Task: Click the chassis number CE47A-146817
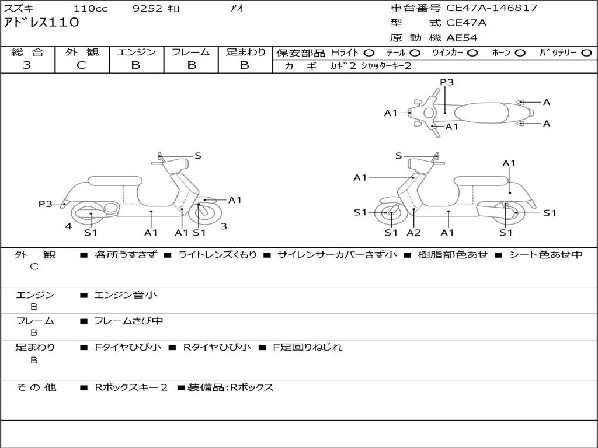(492, 8)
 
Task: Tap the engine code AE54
(462, 38)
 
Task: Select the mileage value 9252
(148, 9)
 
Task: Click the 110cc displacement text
(91, 9)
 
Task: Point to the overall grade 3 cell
(27, 65)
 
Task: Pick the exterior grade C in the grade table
(82, 65)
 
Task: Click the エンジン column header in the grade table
(136, 52)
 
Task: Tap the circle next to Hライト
(369, 53)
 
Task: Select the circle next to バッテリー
(587, 53)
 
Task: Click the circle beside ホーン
(520, 53)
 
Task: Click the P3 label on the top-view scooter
(447, 82)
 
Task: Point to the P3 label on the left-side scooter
(46, 204)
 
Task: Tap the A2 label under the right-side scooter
(413, 233)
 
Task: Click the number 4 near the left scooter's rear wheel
(68, 226)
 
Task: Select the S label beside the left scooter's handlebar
(198, 156)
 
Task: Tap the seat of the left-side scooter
(114, 181)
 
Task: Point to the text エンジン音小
(126, 295)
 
